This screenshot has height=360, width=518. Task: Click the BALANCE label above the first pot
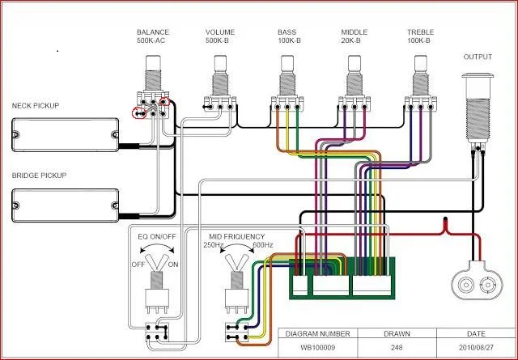click(153, 32)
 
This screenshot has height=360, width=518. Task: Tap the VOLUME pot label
click(220, 32)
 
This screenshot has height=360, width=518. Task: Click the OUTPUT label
click(478, 57)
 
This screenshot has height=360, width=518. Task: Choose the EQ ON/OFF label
click(158, 235)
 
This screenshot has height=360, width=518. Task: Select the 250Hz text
click(214, 244)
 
